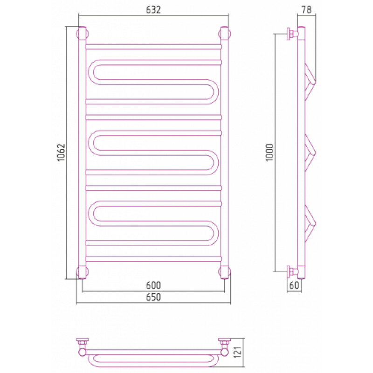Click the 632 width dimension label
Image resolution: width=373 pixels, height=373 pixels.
pos(153,10)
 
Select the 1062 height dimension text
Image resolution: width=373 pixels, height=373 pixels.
pos(61,152)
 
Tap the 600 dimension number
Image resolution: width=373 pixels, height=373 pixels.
pos(153,285)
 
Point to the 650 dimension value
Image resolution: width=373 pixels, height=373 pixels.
pos(153,297)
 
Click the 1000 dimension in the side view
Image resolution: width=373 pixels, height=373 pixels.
pos(269,152)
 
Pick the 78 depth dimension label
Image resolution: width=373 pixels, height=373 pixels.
pos(306,10)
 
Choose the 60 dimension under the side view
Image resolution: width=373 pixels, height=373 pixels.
pos(294,285)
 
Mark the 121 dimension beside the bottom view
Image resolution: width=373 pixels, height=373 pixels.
pos(238,352)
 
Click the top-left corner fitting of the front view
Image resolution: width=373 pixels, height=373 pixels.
pos(82,34)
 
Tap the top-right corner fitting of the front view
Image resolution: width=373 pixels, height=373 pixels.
pos(225,34)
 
